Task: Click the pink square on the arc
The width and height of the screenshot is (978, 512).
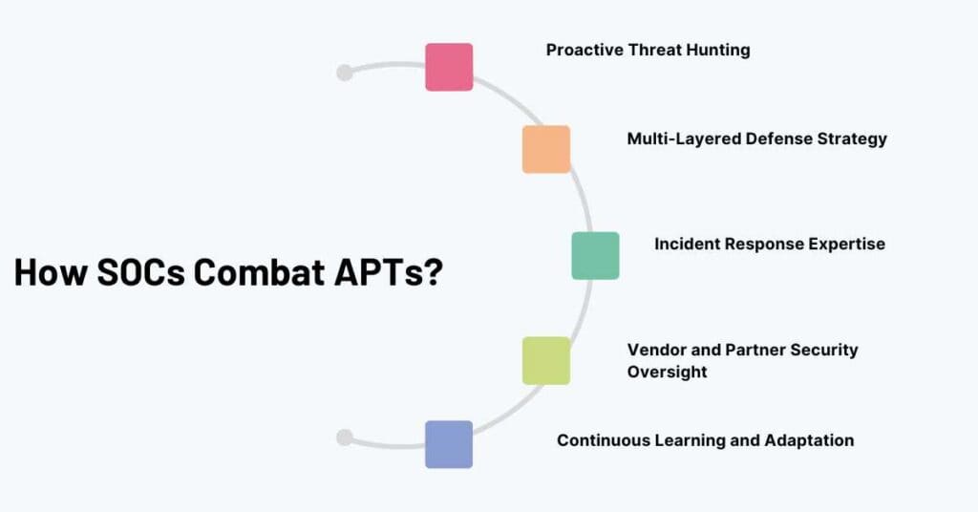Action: pyautogui.click(x=449, y=67)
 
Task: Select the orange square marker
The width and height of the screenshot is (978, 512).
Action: pyautogui.click(x=546, y=149)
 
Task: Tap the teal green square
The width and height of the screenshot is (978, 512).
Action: pyautogui.click(x=595, y=255)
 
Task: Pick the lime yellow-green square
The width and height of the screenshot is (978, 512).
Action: pyautogui.click(x=546, y=360)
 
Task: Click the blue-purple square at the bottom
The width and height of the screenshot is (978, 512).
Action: pyautogui.click(x=449, y=444)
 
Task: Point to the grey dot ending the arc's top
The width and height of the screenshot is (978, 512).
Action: pyautogui.click(x=345, y=73)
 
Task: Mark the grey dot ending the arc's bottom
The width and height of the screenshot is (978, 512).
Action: pyautogui.click(x=345, y=437)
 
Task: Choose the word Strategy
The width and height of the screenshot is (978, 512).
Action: pyautogui.click(x=852, y=139)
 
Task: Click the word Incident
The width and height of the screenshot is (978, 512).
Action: pyautogui.click(x=688, y=244)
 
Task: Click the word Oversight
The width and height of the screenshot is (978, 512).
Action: pyautogui.click(x=668, y=372)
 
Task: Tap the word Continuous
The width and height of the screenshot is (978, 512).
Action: pyautogui.click(x=601, y=440)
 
